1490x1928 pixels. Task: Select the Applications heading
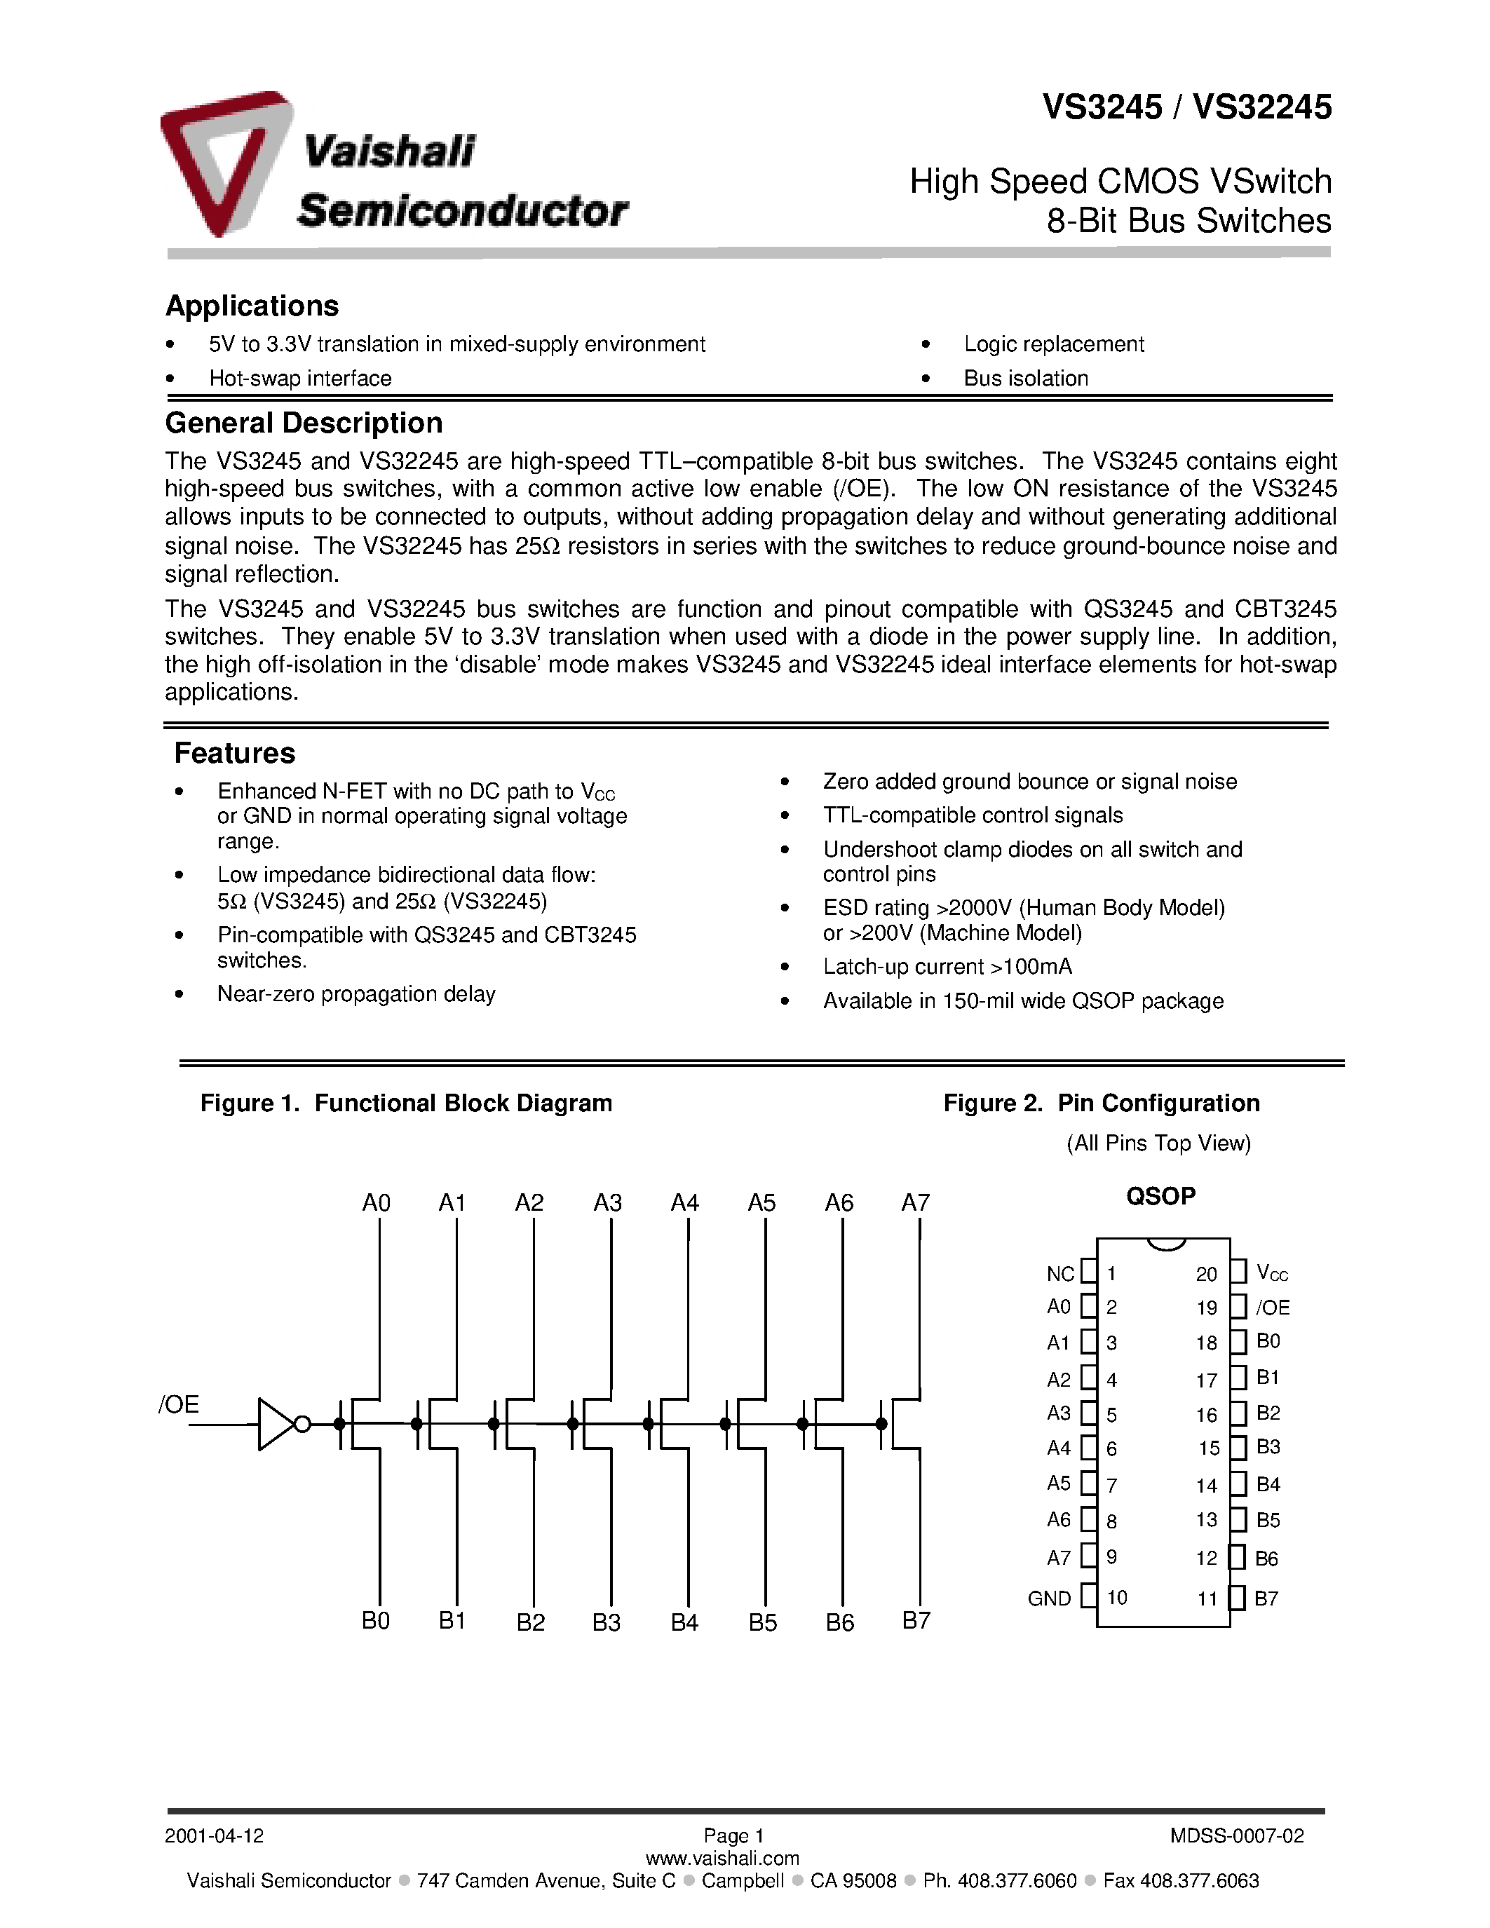(x=252, y=306)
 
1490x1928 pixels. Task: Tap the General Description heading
(x=304, y=423)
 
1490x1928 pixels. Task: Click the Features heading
(x=234, y=753)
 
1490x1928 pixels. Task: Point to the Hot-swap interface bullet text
(x=300, y=379)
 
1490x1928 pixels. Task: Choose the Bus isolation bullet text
(x=1026, y=379)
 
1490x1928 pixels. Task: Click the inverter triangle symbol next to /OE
(x=276, y=1424)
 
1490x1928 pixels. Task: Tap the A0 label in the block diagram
(x=376, y=1202)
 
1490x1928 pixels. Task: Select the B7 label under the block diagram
(x=916, y=1621)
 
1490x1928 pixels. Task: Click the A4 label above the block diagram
(x=685, y=1202)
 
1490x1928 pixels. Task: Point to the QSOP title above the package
(x=1160, y=1196)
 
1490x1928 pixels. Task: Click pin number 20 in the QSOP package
(x=1207, y=1274)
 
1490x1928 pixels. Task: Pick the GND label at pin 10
(x=1049, y=1598)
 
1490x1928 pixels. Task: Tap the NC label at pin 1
(x=1060, y=1274)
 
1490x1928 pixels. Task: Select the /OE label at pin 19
(x=1273, y=1308)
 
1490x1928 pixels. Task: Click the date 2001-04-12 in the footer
(x=214, y=1836)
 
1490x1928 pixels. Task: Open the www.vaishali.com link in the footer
(x=722, y=1859)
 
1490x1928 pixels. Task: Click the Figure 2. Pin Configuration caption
(x=1101, y=1104)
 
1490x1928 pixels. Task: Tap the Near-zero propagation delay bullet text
(x=355, y=994)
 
